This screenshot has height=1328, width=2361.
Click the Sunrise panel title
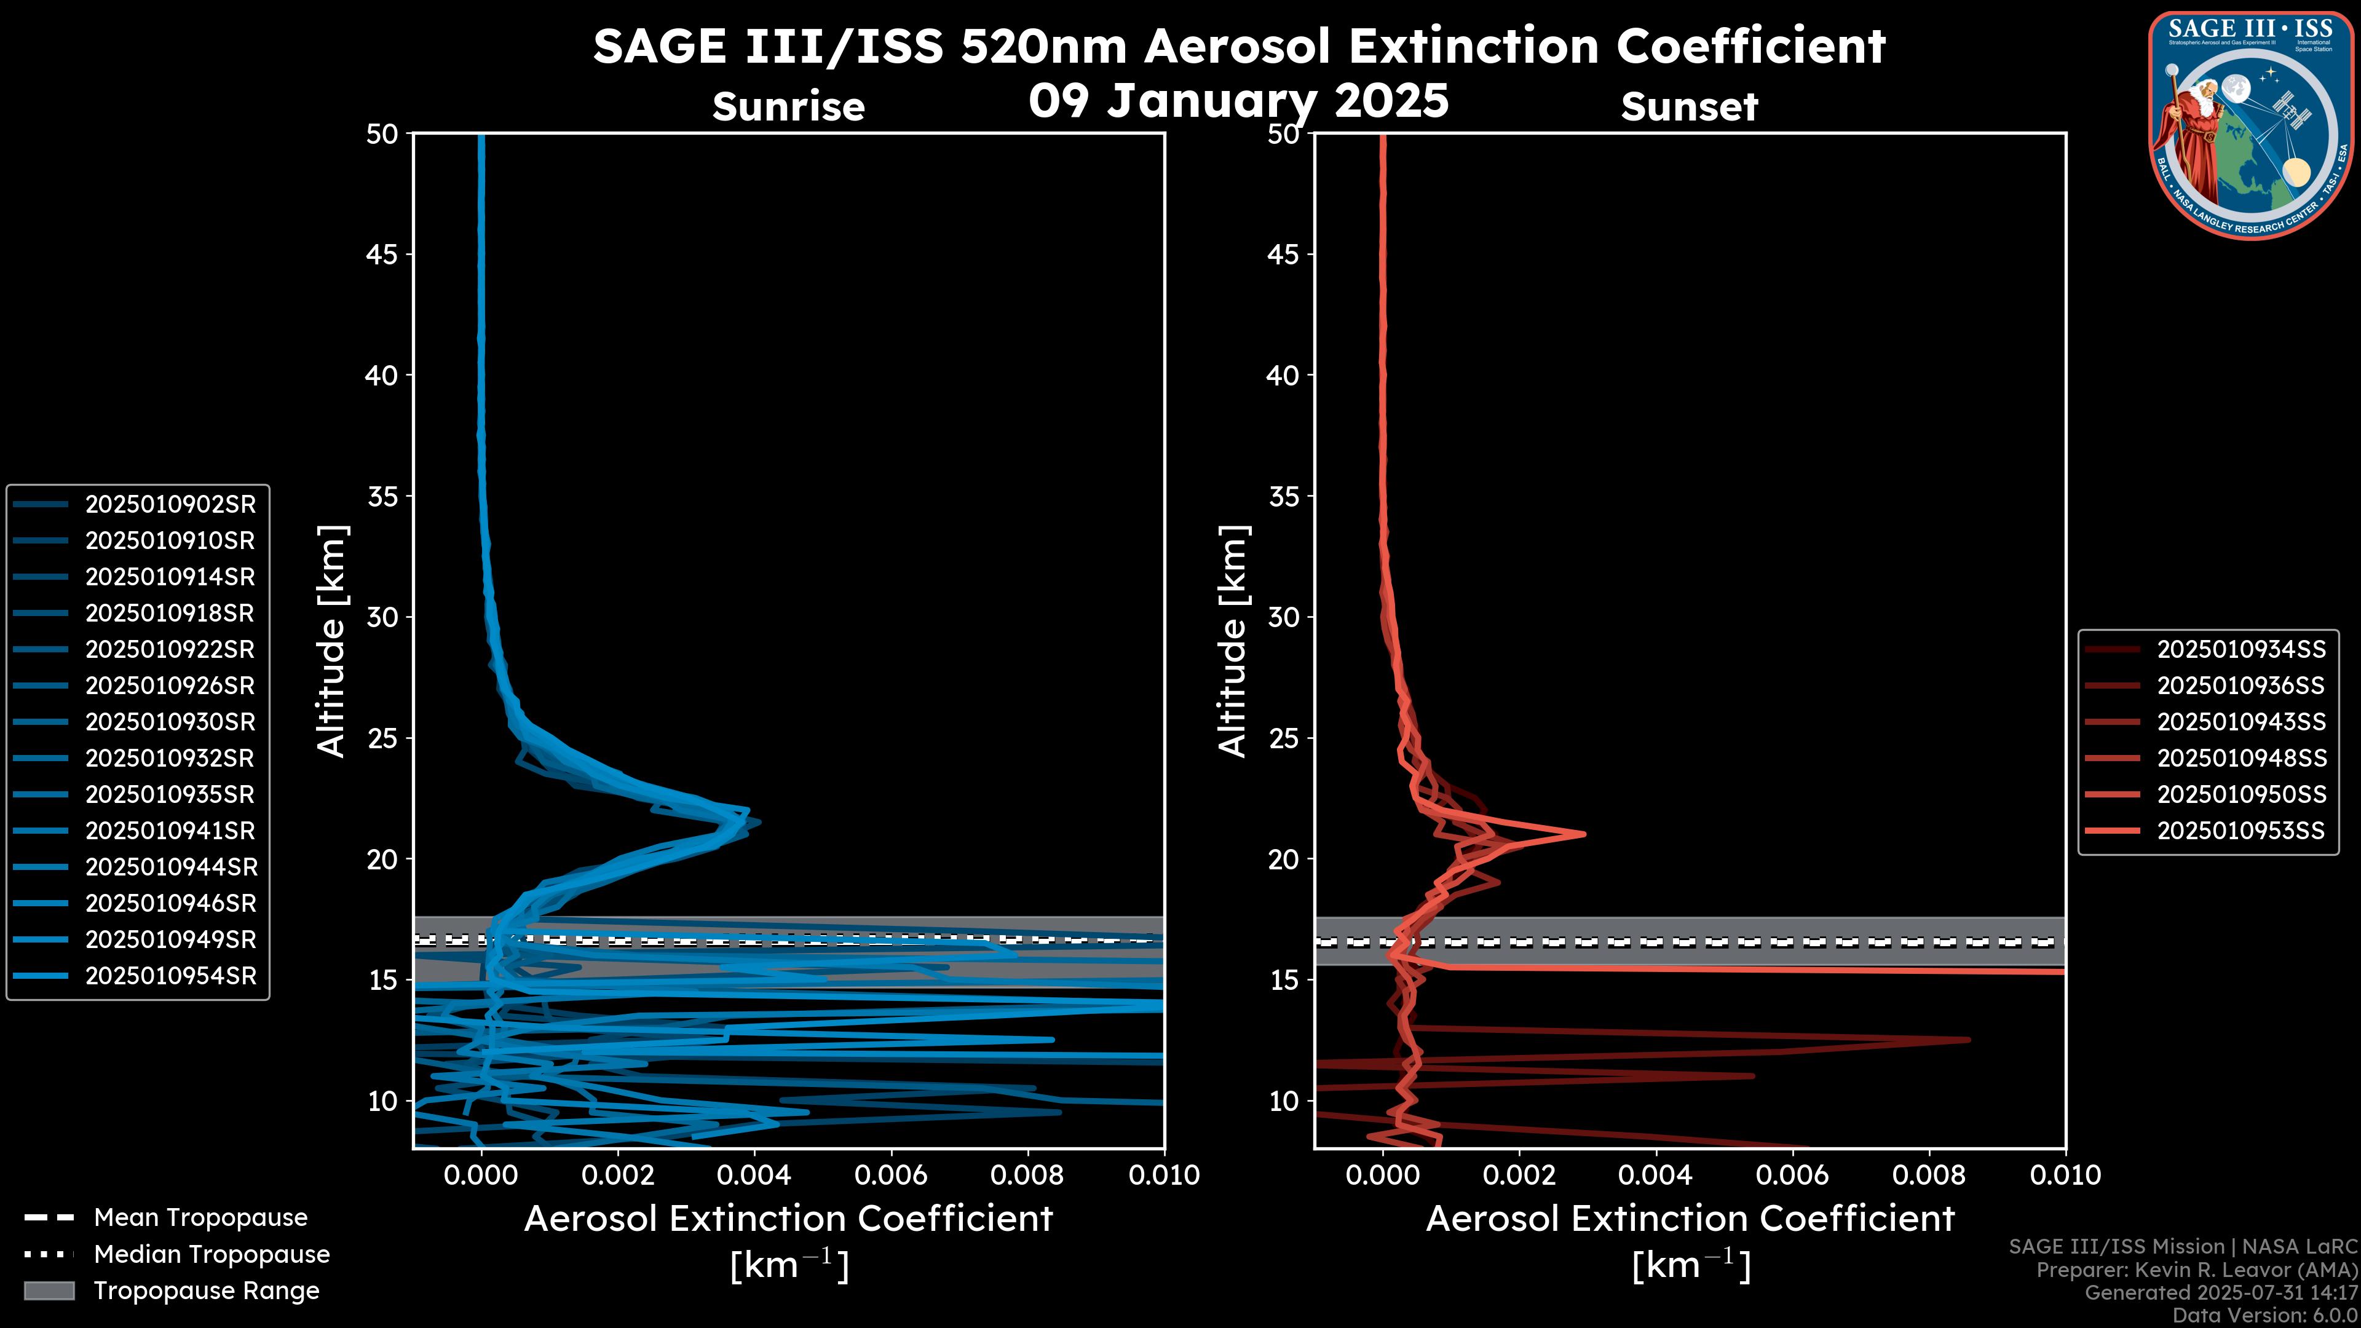click(x=788, y=106)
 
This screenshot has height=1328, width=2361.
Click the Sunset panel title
click(x=1689, y=106)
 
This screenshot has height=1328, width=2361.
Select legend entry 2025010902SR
click(x=170, y=504)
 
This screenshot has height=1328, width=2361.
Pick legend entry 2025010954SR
click(x=170, y=975)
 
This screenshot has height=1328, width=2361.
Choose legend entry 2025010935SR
click(x=170, y=794)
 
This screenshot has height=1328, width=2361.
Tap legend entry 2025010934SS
click(x=2241, y=649)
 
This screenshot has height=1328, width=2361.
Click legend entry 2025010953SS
click(x=2241, y=831)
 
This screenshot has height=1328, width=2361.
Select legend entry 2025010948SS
click(x=2241, y=758)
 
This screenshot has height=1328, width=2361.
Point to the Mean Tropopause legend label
click(x=200, y=1217)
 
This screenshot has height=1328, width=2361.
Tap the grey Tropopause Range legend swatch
click(x=49, y=1290)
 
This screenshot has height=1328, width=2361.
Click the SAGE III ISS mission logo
click(x=2250, y=125)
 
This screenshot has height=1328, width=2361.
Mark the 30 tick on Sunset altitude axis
click(x=1283, y=617)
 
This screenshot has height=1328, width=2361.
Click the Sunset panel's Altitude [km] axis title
click(x=1233, y=641)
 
